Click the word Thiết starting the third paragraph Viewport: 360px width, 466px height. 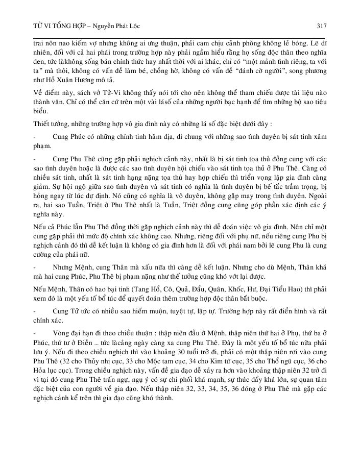point(43,124)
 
